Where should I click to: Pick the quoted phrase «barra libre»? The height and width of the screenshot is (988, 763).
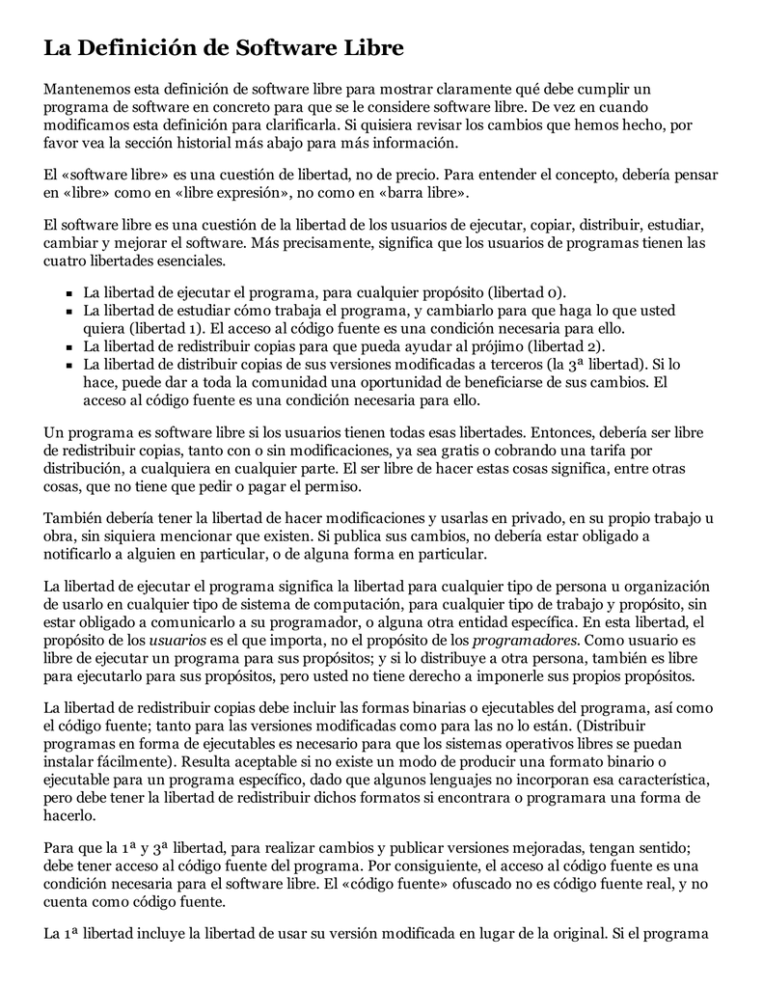click(x=426, y=194)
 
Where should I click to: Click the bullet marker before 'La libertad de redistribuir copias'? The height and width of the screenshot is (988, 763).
click(x=70, y=347)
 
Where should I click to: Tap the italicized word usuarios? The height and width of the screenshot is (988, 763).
click(x=177, y=640)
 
